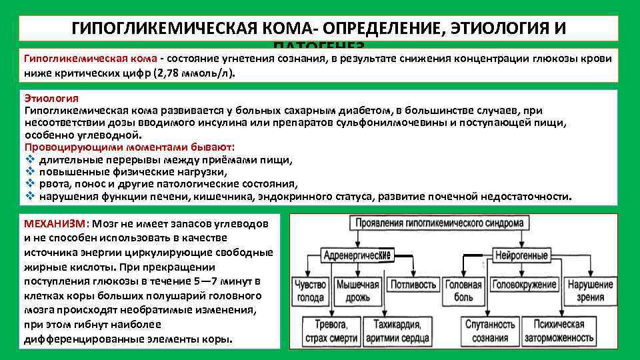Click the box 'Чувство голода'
309,290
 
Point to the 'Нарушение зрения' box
590,290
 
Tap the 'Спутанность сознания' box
488,330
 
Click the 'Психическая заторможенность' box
559,330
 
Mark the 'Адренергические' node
357,255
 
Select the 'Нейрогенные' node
521,255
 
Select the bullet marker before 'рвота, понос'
29,184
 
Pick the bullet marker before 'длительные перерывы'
29,160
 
